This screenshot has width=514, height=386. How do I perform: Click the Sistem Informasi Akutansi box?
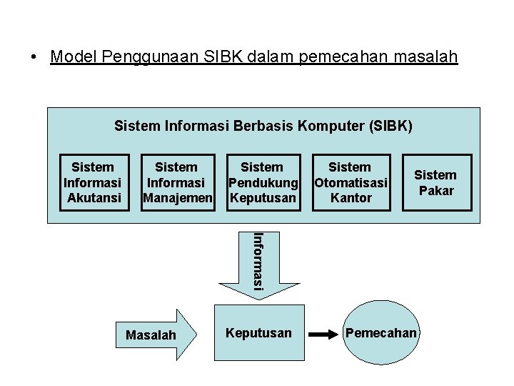click(94, 182)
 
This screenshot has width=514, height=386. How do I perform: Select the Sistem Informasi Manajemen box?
click(176, 182)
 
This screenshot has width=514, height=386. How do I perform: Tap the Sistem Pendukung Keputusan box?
click(262, 182)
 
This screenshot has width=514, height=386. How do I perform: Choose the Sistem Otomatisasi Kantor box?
click(351, 182)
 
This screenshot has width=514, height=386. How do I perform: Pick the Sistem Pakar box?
click(435, 182)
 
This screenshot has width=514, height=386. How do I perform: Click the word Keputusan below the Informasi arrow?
click(258, 333)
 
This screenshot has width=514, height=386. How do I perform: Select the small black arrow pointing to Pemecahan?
click(326, 334)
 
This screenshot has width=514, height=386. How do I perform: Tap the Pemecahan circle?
click(381, 333)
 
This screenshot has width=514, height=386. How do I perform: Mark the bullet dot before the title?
click(34, 57)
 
